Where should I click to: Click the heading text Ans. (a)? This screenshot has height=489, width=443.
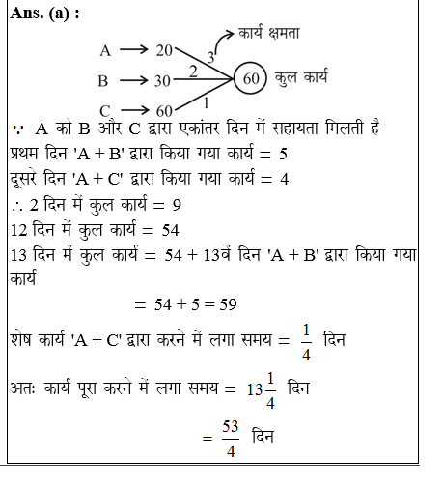pos(40,14)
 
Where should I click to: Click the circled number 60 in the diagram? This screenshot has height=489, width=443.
pos(251,79)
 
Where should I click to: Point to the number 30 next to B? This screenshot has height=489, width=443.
pos(163,80)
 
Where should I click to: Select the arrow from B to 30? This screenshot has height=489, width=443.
pos(133,80)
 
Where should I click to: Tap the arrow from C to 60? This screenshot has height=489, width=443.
pos(133,109)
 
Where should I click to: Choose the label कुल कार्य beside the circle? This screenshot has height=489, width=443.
pos(308,79)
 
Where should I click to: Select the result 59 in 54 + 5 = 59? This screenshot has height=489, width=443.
pos(229,304)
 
